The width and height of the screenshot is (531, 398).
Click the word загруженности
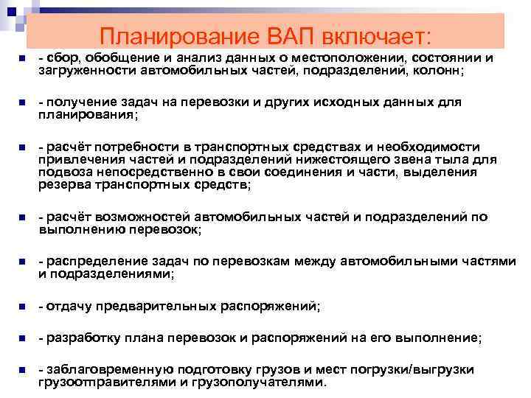coord(78,71)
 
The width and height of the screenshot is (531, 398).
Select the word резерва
coord(61,186)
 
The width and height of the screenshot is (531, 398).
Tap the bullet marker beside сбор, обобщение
coord(22,59)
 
